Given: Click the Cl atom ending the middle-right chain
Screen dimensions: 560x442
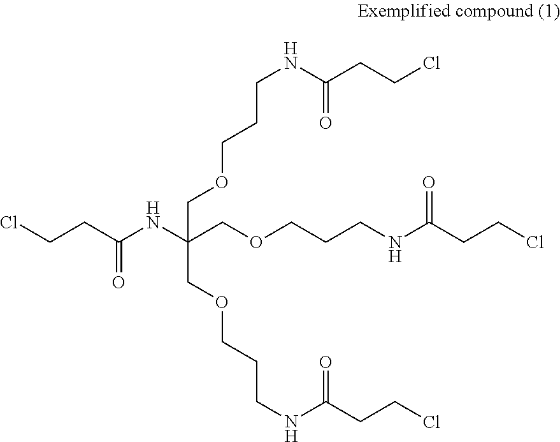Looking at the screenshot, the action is [534, 242].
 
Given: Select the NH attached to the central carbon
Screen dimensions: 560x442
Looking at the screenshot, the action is [151, 217].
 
